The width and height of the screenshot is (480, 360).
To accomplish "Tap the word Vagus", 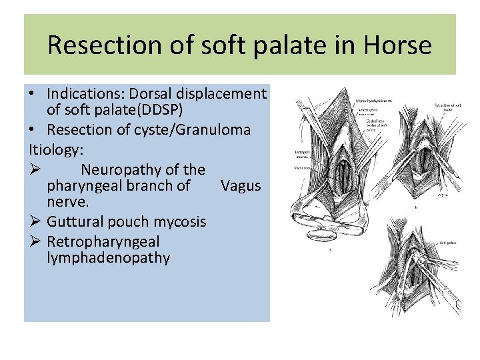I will (x=241, y=185).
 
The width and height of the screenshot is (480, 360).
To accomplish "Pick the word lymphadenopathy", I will (x=108, y=257).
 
